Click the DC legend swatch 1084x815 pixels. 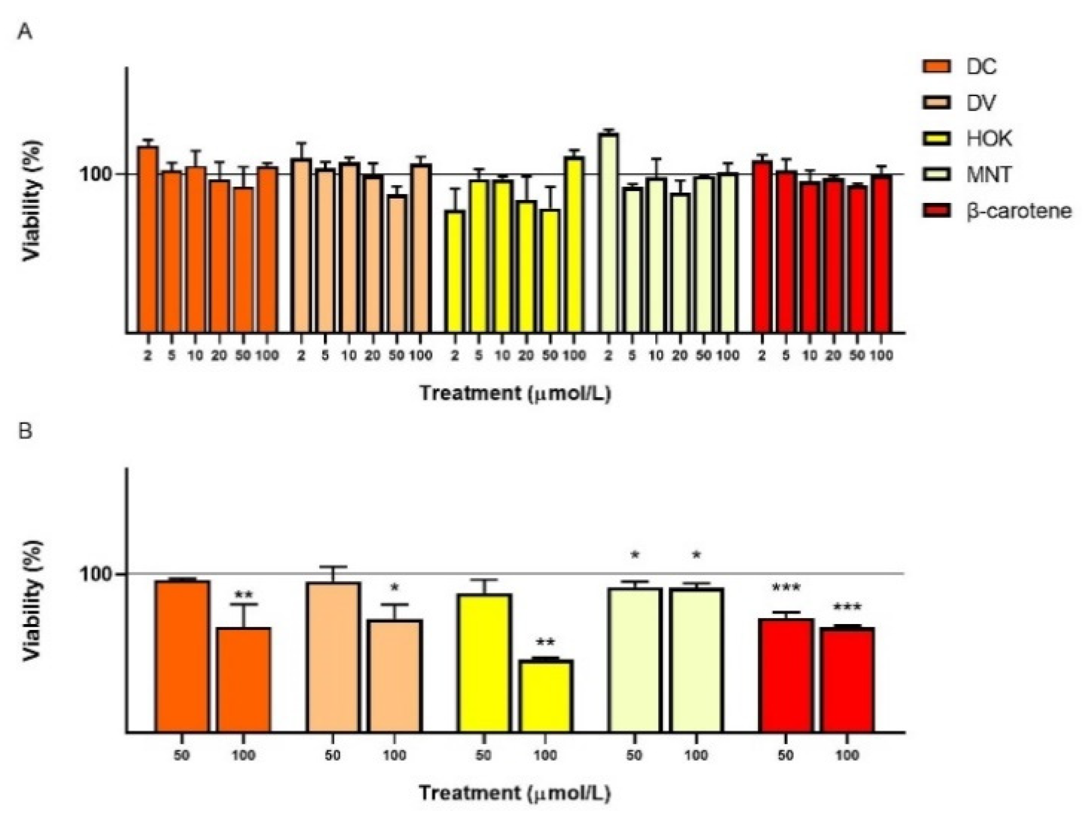coord(937,66)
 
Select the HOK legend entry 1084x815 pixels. coord(988,139)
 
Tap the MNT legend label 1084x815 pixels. coord(988,175)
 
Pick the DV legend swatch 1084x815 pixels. coord(937,102)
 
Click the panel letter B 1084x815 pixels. coord(25,431)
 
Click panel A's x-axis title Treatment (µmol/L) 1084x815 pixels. coord(515,393)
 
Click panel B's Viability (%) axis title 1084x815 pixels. coord(33,600)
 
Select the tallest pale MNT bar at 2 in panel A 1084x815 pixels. coord(608,233)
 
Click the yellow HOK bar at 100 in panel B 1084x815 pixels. coord(545,696)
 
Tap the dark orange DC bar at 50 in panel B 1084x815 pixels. coord(182,657)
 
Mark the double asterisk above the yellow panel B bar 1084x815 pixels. coord(545,642)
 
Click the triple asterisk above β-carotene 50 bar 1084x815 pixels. coord(785,588)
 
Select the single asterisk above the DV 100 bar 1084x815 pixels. coord(395,588)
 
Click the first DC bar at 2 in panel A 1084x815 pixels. coord(147,239)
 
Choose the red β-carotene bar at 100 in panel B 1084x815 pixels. coord(847,680)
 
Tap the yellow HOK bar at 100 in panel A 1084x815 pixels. coord(574,245)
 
